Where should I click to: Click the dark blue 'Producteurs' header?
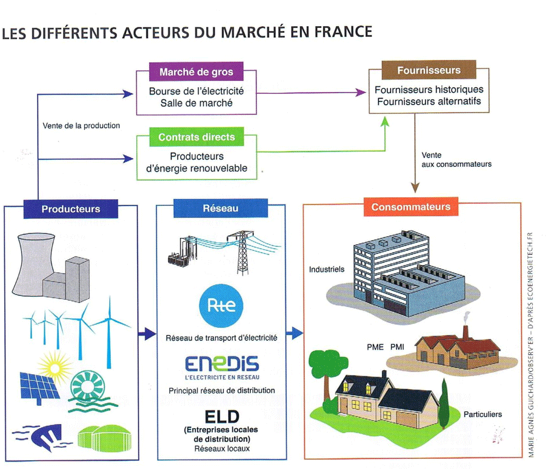pyautogui.click(x=71, y=209)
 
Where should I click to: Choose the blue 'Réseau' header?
pyautogui.click(x=221, y=208)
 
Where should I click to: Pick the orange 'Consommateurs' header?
pyautogui.click(x=411, y=207)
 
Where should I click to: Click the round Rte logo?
pyautogui.click(x=221, y=305)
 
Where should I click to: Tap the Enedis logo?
pyautogui.click(x=221, y=365)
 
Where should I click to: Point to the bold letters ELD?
pyautogui.click(x=222, y=417)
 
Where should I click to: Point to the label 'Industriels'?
pyautogui.click(x=327, y=269)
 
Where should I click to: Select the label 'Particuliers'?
pyautogui.click(x=483, y=414)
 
